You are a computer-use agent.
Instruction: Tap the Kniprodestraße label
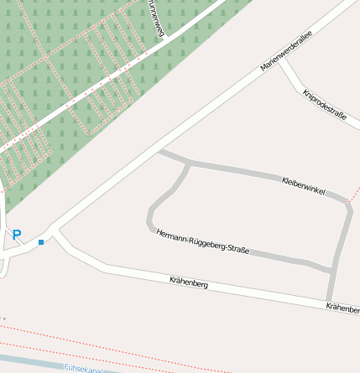tap(325, 105)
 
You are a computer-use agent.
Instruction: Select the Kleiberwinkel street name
tap(304, 186)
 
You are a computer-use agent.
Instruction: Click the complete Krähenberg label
tap(188, 282)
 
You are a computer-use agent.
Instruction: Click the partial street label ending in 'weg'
tap(154, 18)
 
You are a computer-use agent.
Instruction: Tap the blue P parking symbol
tap(16, 236)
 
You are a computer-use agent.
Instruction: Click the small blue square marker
tap(40, 242)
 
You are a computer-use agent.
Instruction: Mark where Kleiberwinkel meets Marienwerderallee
tap(158, 152)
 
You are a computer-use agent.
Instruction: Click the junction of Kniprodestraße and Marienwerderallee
tap(279, 60)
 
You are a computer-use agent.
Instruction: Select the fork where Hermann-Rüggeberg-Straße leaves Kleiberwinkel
tap(189, 162)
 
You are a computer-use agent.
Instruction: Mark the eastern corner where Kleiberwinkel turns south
tap(347, 204)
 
